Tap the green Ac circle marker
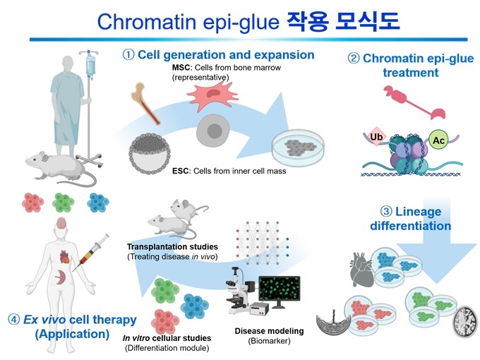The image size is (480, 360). (x=438, y=140)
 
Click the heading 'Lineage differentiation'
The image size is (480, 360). (x=410, y=219)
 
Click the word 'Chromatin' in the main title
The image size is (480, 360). (x=145, y=20)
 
